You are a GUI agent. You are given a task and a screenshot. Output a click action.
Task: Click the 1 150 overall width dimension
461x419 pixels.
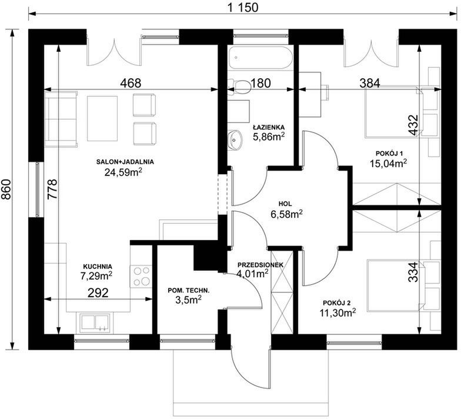(x=243, y=8)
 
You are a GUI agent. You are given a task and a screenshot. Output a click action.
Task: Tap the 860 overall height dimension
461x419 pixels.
(x=6, y=189)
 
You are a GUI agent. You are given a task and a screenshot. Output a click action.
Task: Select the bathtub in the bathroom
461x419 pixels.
(x=260, y=58)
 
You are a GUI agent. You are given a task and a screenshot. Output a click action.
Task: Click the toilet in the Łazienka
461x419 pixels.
(x=240, y=86)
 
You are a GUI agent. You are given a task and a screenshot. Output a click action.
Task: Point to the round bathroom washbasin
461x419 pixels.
(x=235, y=140)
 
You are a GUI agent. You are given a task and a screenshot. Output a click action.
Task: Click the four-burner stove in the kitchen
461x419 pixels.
(x=141, y=276)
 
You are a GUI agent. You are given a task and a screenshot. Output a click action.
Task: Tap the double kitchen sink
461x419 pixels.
(x=94, y=322)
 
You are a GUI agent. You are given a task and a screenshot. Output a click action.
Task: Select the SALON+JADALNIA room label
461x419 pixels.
(x=125, y=161)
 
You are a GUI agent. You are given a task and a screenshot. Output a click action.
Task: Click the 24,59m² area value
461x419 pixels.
(x=123, y=172)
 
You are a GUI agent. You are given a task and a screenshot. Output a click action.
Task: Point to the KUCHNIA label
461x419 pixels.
(x=98, y=267)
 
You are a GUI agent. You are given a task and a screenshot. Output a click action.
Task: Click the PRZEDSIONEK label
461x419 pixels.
(x=260, y=265)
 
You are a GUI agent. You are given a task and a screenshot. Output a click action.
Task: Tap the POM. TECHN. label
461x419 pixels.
(x=189, y=291)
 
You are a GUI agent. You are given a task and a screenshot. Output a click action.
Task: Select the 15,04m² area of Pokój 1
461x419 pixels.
(x=389, y=162)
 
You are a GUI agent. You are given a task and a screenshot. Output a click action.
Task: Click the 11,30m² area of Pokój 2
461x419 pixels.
(x=338, y=312)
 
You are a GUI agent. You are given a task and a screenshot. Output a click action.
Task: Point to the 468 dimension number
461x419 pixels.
(x=131, y=83)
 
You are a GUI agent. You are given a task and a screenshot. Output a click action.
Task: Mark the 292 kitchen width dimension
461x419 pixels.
(x=98, y=292)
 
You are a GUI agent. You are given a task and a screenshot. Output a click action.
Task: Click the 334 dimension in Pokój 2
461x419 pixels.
(x=413, y=272)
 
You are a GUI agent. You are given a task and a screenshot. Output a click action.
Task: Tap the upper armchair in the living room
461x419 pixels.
(x=144, y=105)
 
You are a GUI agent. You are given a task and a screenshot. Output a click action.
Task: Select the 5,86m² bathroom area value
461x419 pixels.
(x=269, y=137)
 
